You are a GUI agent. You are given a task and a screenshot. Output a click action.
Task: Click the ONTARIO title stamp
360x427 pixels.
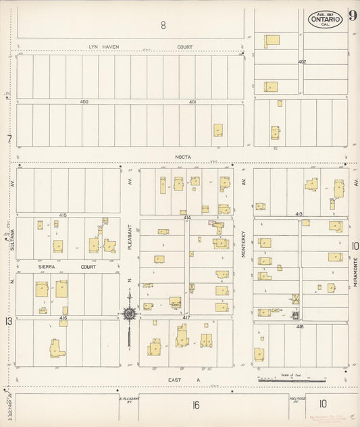tap(326, 20)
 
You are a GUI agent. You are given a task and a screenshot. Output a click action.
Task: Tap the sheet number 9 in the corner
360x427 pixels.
tap(353, 16)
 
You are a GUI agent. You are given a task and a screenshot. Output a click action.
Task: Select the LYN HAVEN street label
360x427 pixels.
tap(105, 47)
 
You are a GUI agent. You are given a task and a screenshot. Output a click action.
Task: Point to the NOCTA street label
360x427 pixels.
tap(183, 157)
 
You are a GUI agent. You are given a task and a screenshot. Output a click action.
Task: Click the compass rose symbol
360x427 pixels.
tap(128, 313)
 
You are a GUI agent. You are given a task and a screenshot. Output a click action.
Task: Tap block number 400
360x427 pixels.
tap(84, 102)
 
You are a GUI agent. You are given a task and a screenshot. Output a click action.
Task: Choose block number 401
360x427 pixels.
tap(192, 102)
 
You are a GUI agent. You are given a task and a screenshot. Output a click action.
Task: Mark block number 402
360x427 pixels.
tap(302, 62)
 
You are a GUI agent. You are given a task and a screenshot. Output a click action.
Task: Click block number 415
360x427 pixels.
tap(63, 215)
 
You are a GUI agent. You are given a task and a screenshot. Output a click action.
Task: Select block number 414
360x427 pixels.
tap(186, 218)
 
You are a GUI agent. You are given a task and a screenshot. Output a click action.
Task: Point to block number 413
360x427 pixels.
tap(299, 214)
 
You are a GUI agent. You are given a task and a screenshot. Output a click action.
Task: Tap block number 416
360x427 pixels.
tap(63, 318)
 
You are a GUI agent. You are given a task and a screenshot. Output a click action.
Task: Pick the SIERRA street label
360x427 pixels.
tap(46, 267)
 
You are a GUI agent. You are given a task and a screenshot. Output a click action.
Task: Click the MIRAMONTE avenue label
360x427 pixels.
tap(354, 272)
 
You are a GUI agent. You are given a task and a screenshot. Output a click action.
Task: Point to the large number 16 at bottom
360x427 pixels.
tap(196, 405)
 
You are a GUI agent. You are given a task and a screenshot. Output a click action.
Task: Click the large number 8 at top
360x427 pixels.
tap(163, 26)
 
